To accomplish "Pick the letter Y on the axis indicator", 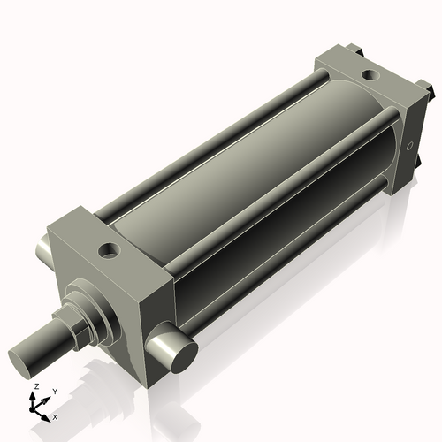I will point(54,391).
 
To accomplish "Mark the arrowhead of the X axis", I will point(48,414).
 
